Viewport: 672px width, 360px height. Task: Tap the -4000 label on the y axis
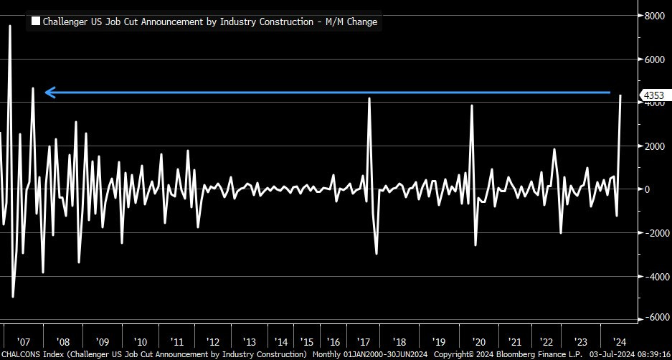coord(653,276)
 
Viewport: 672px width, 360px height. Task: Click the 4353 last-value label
coord(653,95)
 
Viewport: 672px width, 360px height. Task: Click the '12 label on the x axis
coord(213,342)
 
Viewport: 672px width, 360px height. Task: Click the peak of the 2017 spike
coord(369,98)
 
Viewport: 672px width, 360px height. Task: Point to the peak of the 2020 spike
coord(472,105)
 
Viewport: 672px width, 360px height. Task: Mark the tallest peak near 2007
coord(10,26)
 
